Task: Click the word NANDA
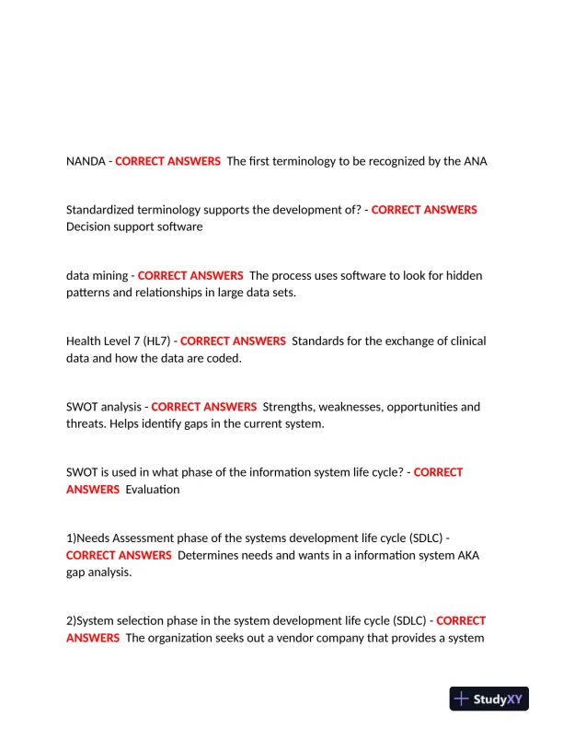coord(86,161)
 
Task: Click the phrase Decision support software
coord(134,226)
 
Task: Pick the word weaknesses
coord(362,406)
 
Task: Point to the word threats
coord(86,422)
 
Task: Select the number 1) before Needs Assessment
coord(71,538)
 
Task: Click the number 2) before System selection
coord(71,620)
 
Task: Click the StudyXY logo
coord(489,699)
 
